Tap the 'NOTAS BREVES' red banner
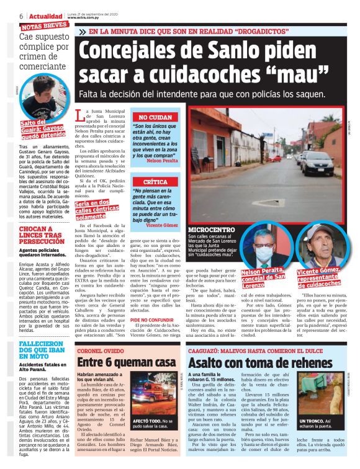43,26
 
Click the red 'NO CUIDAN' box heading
151,117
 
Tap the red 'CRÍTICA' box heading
151,182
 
